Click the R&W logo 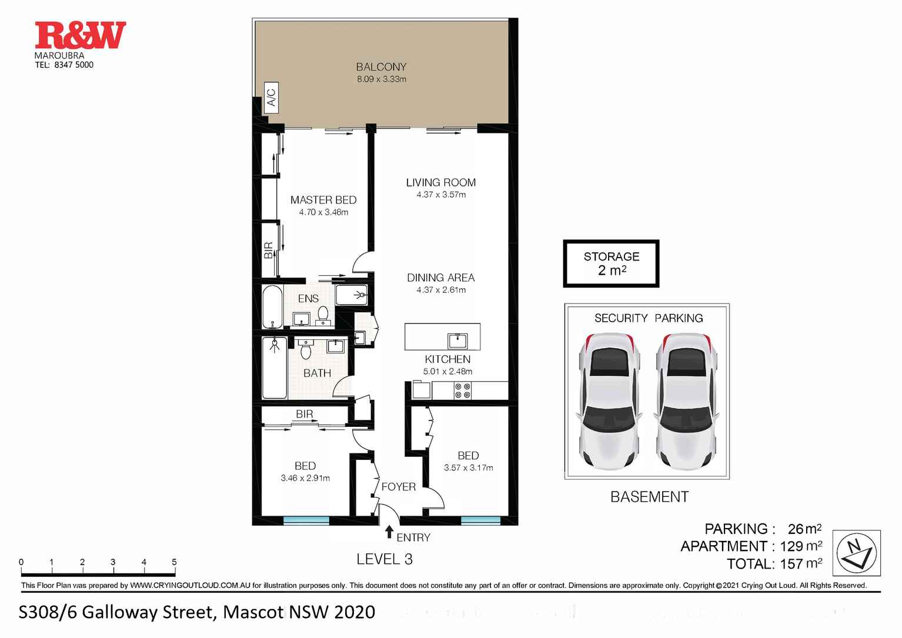coord(81,35)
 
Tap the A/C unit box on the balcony coord(272,97)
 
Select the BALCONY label coord(381,67)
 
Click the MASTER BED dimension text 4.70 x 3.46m coord(323,212)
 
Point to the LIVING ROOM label coord(441,182)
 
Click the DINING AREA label coord(441,278)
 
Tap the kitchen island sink coord(458,340)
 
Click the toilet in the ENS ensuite coord(323,315)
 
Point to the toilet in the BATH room coord(306,349)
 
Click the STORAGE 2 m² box coord(611,263)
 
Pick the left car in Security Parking coord(609,401)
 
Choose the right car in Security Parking coord(686,401)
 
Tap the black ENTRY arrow coord(389,532)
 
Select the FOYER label coord(398,486)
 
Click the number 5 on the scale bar coord(174,562)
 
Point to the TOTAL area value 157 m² coord(801,564)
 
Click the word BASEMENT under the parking coord(649,497)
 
